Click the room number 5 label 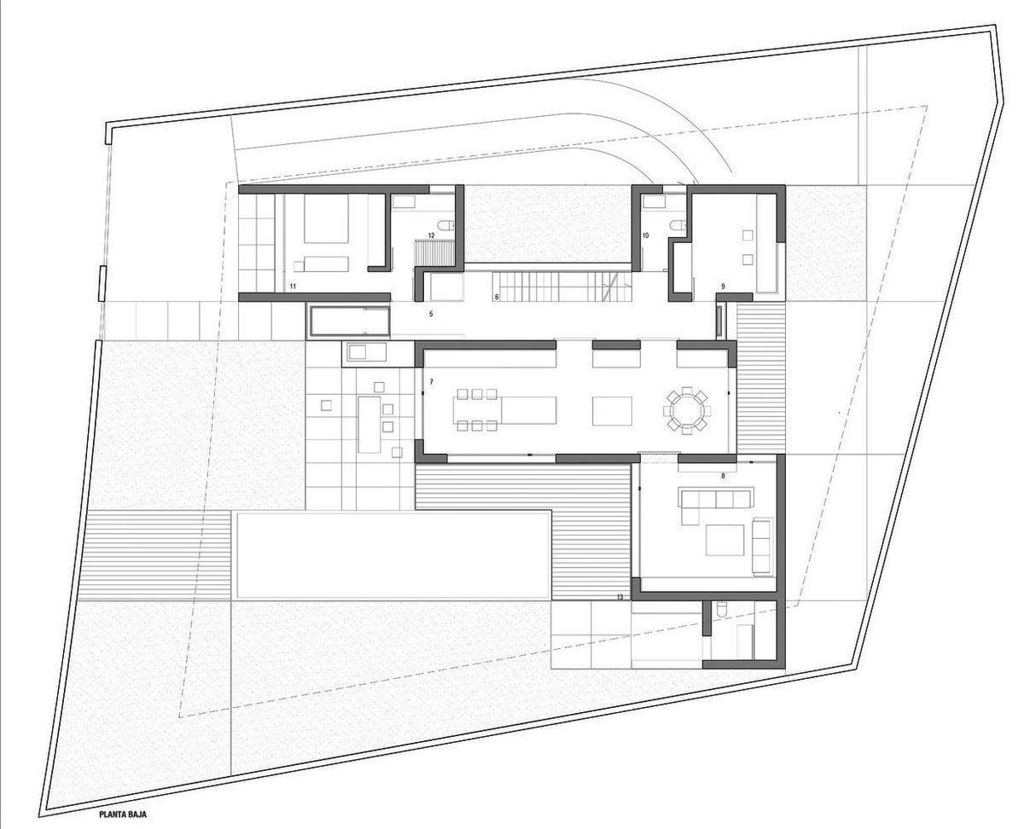pos(431,314)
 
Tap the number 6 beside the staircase pos(497,298)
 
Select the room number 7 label pos(431,381)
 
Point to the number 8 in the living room pos(723,476)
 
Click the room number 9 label pos(723,287)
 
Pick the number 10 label pos(645,235)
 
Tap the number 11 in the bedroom pos(293,287)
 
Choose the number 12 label pos(431,235)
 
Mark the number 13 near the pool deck pos(620,597)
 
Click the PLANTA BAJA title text pos(123,815)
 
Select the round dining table pos(687,410)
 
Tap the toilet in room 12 pos(446,224)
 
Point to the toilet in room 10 pos(678,224)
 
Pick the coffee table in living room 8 pos(724,540)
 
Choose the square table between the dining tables pos(612,411)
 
